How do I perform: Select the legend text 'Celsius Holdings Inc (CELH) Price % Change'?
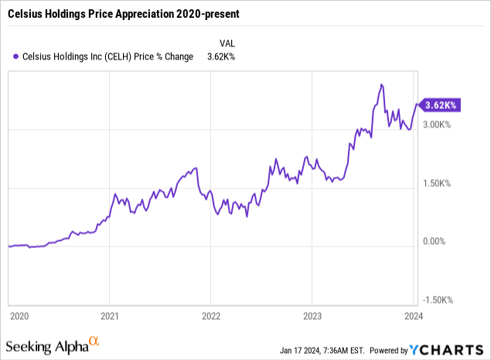click(x=106, y=55)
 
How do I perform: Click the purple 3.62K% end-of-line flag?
click(x=442, y=105)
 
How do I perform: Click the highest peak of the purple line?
click(x=381, y=84)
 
